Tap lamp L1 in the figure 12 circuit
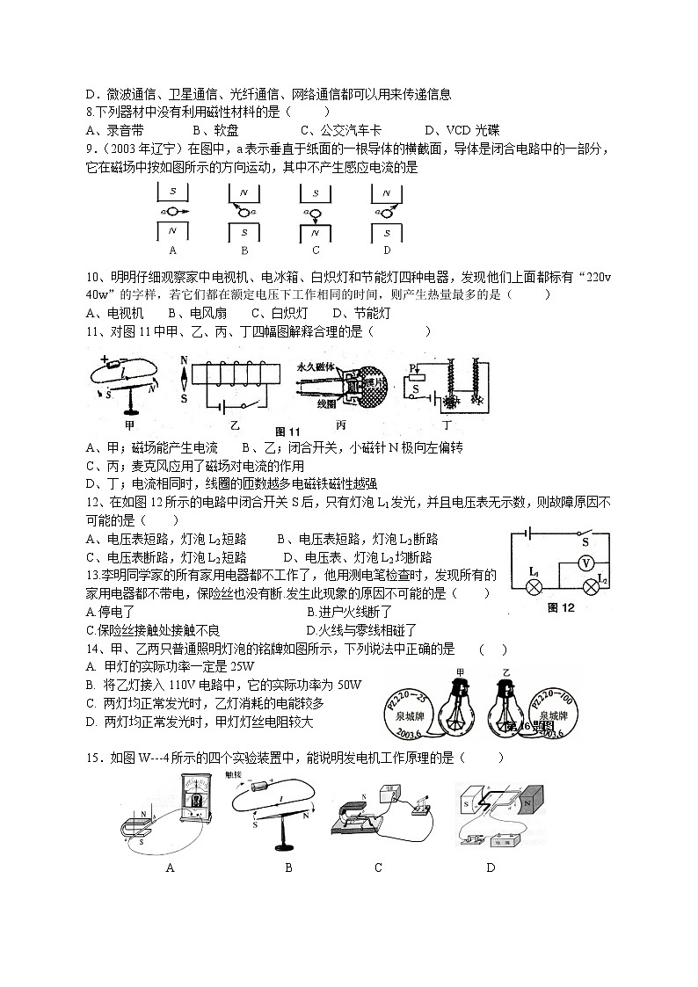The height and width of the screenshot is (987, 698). [533, 583]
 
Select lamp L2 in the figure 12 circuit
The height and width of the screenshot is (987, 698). [591, 583]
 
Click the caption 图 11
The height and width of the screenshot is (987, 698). [288, 431]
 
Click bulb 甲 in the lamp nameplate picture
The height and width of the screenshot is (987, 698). [457, 701]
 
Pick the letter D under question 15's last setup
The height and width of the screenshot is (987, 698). [491, 868]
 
